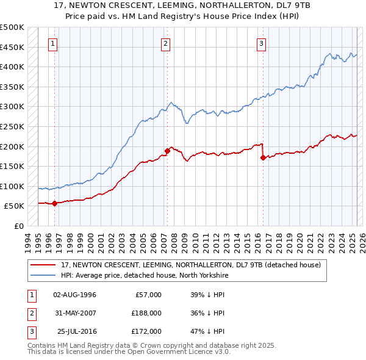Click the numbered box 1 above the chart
(x=54, y=43)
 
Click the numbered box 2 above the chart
(x=165, y=43)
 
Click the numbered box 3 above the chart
(x=261, y=43)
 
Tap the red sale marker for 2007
(x=167, y=150)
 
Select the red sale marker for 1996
(x=54, y=203)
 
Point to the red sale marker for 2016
(x=263, y=157)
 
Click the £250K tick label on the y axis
(x=12, y=126)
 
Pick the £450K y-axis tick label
(x=12, y=47)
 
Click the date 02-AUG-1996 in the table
(x=75, y=295)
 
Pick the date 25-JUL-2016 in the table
(x=76, y=331)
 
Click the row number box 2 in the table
(x=30, y=313)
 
